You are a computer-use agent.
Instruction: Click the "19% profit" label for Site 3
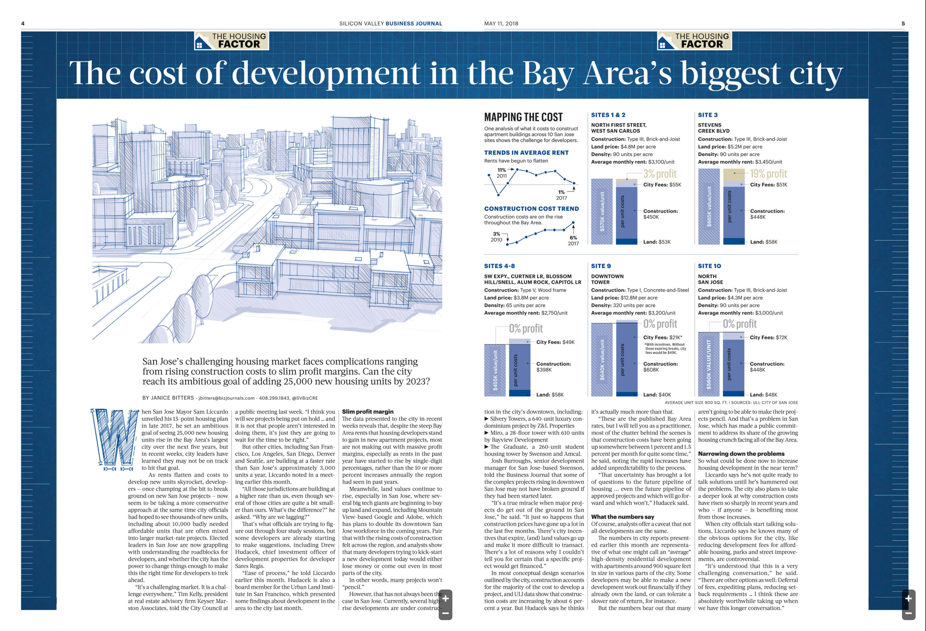tap(768, 174)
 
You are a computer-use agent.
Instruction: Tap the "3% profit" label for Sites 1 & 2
tap(660, 174)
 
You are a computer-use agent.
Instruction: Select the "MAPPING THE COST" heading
tap(523, 117)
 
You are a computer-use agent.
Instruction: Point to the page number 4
tap(23, 23)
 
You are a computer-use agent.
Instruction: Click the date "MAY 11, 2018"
tap(501, 23)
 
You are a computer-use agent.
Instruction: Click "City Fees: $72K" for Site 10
tap(768, 337)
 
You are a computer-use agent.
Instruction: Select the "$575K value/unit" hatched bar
tap(602, 212)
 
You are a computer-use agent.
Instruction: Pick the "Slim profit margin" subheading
tap(368, 411)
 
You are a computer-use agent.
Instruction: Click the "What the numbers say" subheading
tap(622, 517)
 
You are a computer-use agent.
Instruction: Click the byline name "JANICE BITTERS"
tap(172, 398)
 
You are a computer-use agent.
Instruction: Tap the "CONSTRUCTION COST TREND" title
tap(531, 209)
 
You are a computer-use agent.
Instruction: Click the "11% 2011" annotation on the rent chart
tap(502, 173)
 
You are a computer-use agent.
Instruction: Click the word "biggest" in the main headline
tap(730, 74)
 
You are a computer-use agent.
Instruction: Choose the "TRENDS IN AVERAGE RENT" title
tap(526, 153)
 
